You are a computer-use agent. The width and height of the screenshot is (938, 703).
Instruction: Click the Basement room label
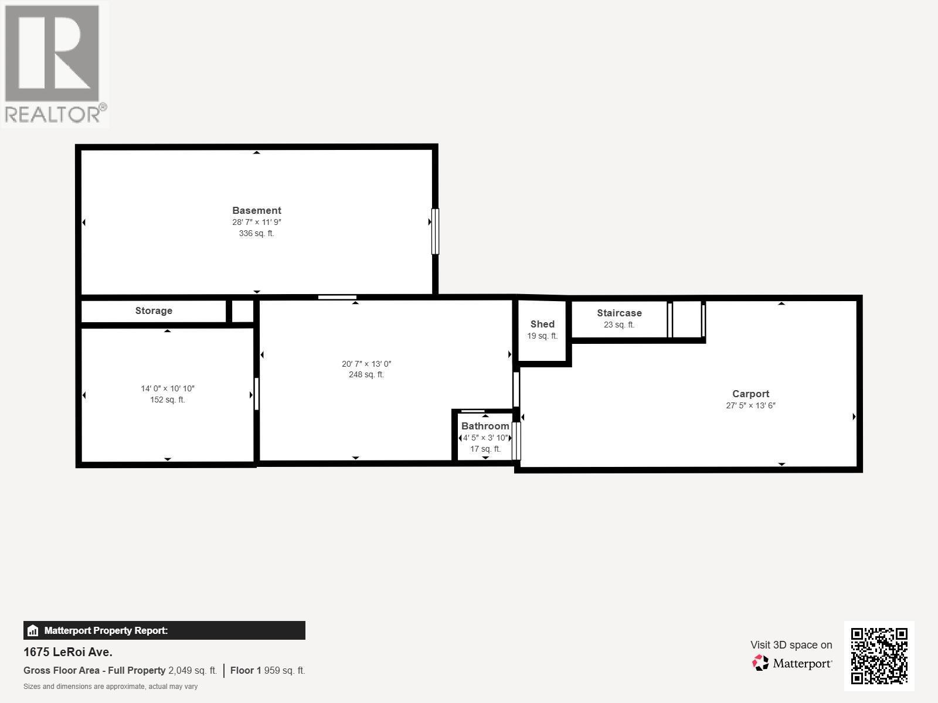(256, 210)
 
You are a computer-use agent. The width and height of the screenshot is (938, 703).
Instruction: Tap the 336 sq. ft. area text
(256, 233)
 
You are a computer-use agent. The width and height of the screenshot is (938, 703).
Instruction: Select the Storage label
(154, 311)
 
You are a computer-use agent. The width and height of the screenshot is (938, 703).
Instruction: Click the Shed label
(542, 324)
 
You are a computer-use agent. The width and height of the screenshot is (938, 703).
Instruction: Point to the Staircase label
(619, 313)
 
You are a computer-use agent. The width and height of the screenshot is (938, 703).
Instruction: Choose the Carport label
(750, 394)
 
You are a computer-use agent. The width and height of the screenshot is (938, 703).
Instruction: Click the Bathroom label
(485, 426)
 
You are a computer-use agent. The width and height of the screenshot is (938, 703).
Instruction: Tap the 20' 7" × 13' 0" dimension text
(366, 364)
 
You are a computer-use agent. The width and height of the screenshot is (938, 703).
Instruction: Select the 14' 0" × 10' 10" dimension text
(167, 388)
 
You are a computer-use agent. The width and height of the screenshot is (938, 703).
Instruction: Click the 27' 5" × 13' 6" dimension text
(750, 405)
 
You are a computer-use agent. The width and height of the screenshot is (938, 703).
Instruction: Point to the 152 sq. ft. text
(167, 400)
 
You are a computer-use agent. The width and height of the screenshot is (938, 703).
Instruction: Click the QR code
(879, 656)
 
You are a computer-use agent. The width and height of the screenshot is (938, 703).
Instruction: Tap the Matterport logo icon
(760, 663)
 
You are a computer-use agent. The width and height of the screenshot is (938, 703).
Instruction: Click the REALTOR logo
(54, 63)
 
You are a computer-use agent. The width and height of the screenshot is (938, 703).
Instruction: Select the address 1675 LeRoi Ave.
(68, 651)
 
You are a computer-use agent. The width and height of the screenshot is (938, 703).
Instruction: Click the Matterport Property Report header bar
(164, 630)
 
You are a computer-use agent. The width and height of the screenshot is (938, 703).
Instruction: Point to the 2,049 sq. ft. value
(192, 670)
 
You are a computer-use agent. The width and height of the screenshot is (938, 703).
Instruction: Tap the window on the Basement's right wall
(435, 231)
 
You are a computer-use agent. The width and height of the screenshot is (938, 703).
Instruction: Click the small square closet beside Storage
(242, 311)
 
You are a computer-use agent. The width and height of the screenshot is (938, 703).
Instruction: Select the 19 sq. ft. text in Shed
(542, 336)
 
